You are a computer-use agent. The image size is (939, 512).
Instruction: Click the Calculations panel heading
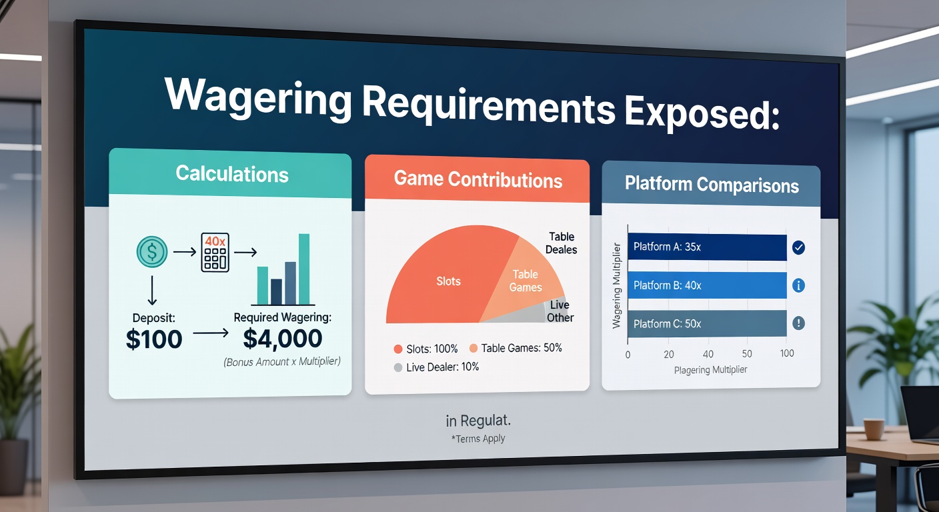point(232,174)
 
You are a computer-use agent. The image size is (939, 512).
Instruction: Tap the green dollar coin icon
point(152,252)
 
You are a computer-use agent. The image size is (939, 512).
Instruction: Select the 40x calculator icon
point(215,252)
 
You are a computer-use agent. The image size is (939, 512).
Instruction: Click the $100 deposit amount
point(154,339)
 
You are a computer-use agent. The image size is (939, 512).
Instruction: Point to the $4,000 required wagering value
point(283,339)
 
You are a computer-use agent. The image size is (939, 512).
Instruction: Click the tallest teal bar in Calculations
point(304,269)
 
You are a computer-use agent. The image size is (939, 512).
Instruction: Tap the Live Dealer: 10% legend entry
point(436,367)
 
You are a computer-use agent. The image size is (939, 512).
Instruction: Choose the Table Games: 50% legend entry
point(516,348)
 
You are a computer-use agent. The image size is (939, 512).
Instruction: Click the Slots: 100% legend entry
point(426,349)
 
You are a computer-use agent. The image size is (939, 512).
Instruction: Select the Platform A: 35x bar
point(707,247)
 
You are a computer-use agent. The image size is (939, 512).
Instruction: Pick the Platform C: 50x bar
point(707,323)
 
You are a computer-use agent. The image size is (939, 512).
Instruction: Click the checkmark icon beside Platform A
point(798,247)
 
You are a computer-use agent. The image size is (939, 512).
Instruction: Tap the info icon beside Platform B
point(798,285)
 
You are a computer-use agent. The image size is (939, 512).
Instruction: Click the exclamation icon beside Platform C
point(798,323)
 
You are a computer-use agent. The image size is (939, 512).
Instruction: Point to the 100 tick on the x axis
point(787,353)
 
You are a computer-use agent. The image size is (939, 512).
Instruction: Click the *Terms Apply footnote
point(478,439)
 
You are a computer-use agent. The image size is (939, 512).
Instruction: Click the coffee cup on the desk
point(874,429)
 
